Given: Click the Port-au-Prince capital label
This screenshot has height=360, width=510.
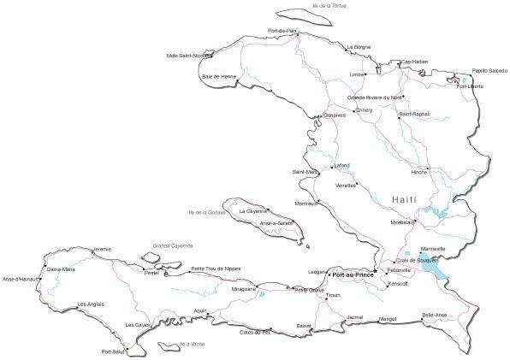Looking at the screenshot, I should pos(353,275).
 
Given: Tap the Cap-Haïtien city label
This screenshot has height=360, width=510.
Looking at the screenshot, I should pos(415,62).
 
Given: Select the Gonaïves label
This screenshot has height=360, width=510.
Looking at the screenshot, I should pos(334,114).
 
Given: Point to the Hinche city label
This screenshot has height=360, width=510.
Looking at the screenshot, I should pos(419,172).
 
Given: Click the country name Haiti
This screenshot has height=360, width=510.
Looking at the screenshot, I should pos(405,198).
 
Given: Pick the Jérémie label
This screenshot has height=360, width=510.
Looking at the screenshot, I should pos(102,249).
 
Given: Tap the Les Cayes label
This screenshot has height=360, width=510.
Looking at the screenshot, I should pos(137,325).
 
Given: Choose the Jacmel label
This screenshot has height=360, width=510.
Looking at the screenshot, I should pos(355,317).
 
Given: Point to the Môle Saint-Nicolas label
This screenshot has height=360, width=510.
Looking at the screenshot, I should pos(188,56).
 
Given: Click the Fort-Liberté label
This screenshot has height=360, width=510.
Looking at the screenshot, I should pos(470,86).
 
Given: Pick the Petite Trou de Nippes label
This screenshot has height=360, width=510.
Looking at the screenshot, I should pos(216,269).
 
